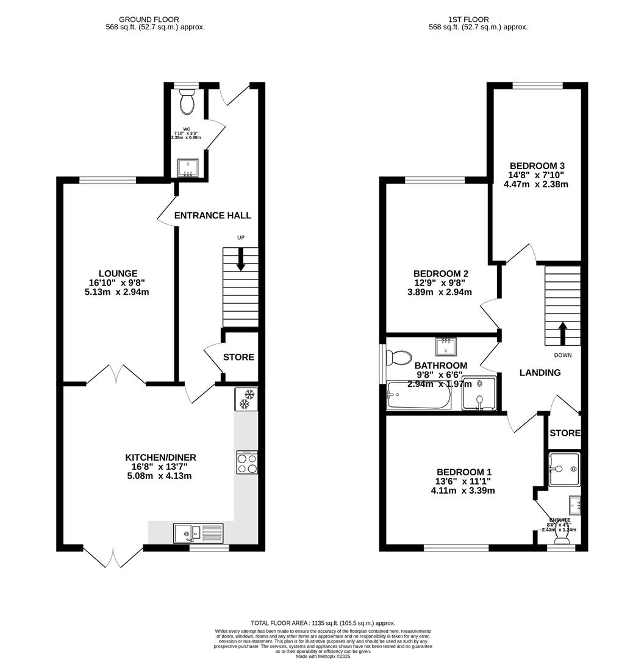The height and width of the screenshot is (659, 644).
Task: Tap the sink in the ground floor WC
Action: (187, 168)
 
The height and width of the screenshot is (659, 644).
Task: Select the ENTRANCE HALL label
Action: (212, 215)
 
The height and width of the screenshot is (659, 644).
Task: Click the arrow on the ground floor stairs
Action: (241, 259)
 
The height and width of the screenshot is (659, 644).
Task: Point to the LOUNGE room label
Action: (118, 273)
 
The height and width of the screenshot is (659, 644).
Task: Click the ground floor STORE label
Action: (238, 357)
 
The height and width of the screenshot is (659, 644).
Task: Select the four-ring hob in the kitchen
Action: (246, 463)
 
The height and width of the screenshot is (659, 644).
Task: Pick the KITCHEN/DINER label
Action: (160, 457)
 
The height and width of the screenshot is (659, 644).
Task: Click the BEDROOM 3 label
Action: (537, 165)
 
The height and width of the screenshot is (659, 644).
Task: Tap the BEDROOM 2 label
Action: (440, 273)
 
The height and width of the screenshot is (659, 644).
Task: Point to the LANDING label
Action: (540, 372)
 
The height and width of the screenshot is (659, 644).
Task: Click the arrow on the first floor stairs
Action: (562, 333)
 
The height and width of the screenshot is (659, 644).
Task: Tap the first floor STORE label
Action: (565, 433)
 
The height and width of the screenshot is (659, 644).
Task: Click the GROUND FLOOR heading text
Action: (149, 20)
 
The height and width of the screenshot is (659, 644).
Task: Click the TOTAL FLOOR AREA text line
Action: (323, 623)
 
